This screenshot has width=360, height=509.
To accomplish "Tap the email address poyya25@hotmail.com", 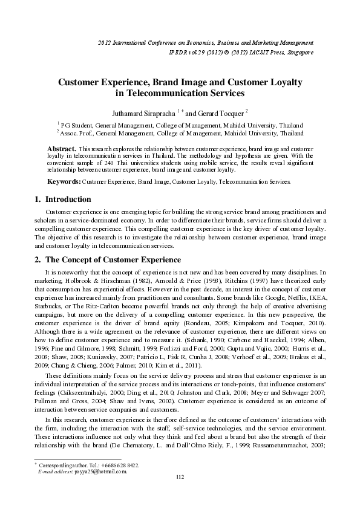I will tap(100, 488).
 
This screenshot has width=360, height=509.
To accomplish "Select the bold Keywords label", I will tap(64, 181).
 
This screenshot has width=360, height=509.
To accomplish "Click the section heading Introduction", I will tap(68, 199).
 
